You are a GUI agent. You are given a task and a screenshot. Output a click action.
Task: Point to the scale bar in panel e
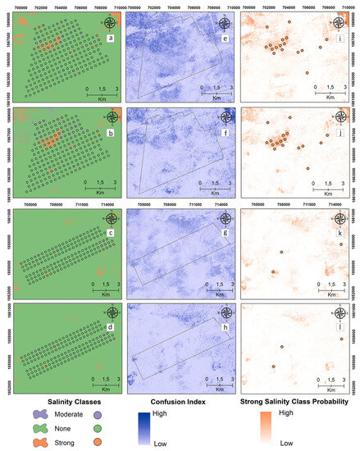(x=215, y=92)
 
